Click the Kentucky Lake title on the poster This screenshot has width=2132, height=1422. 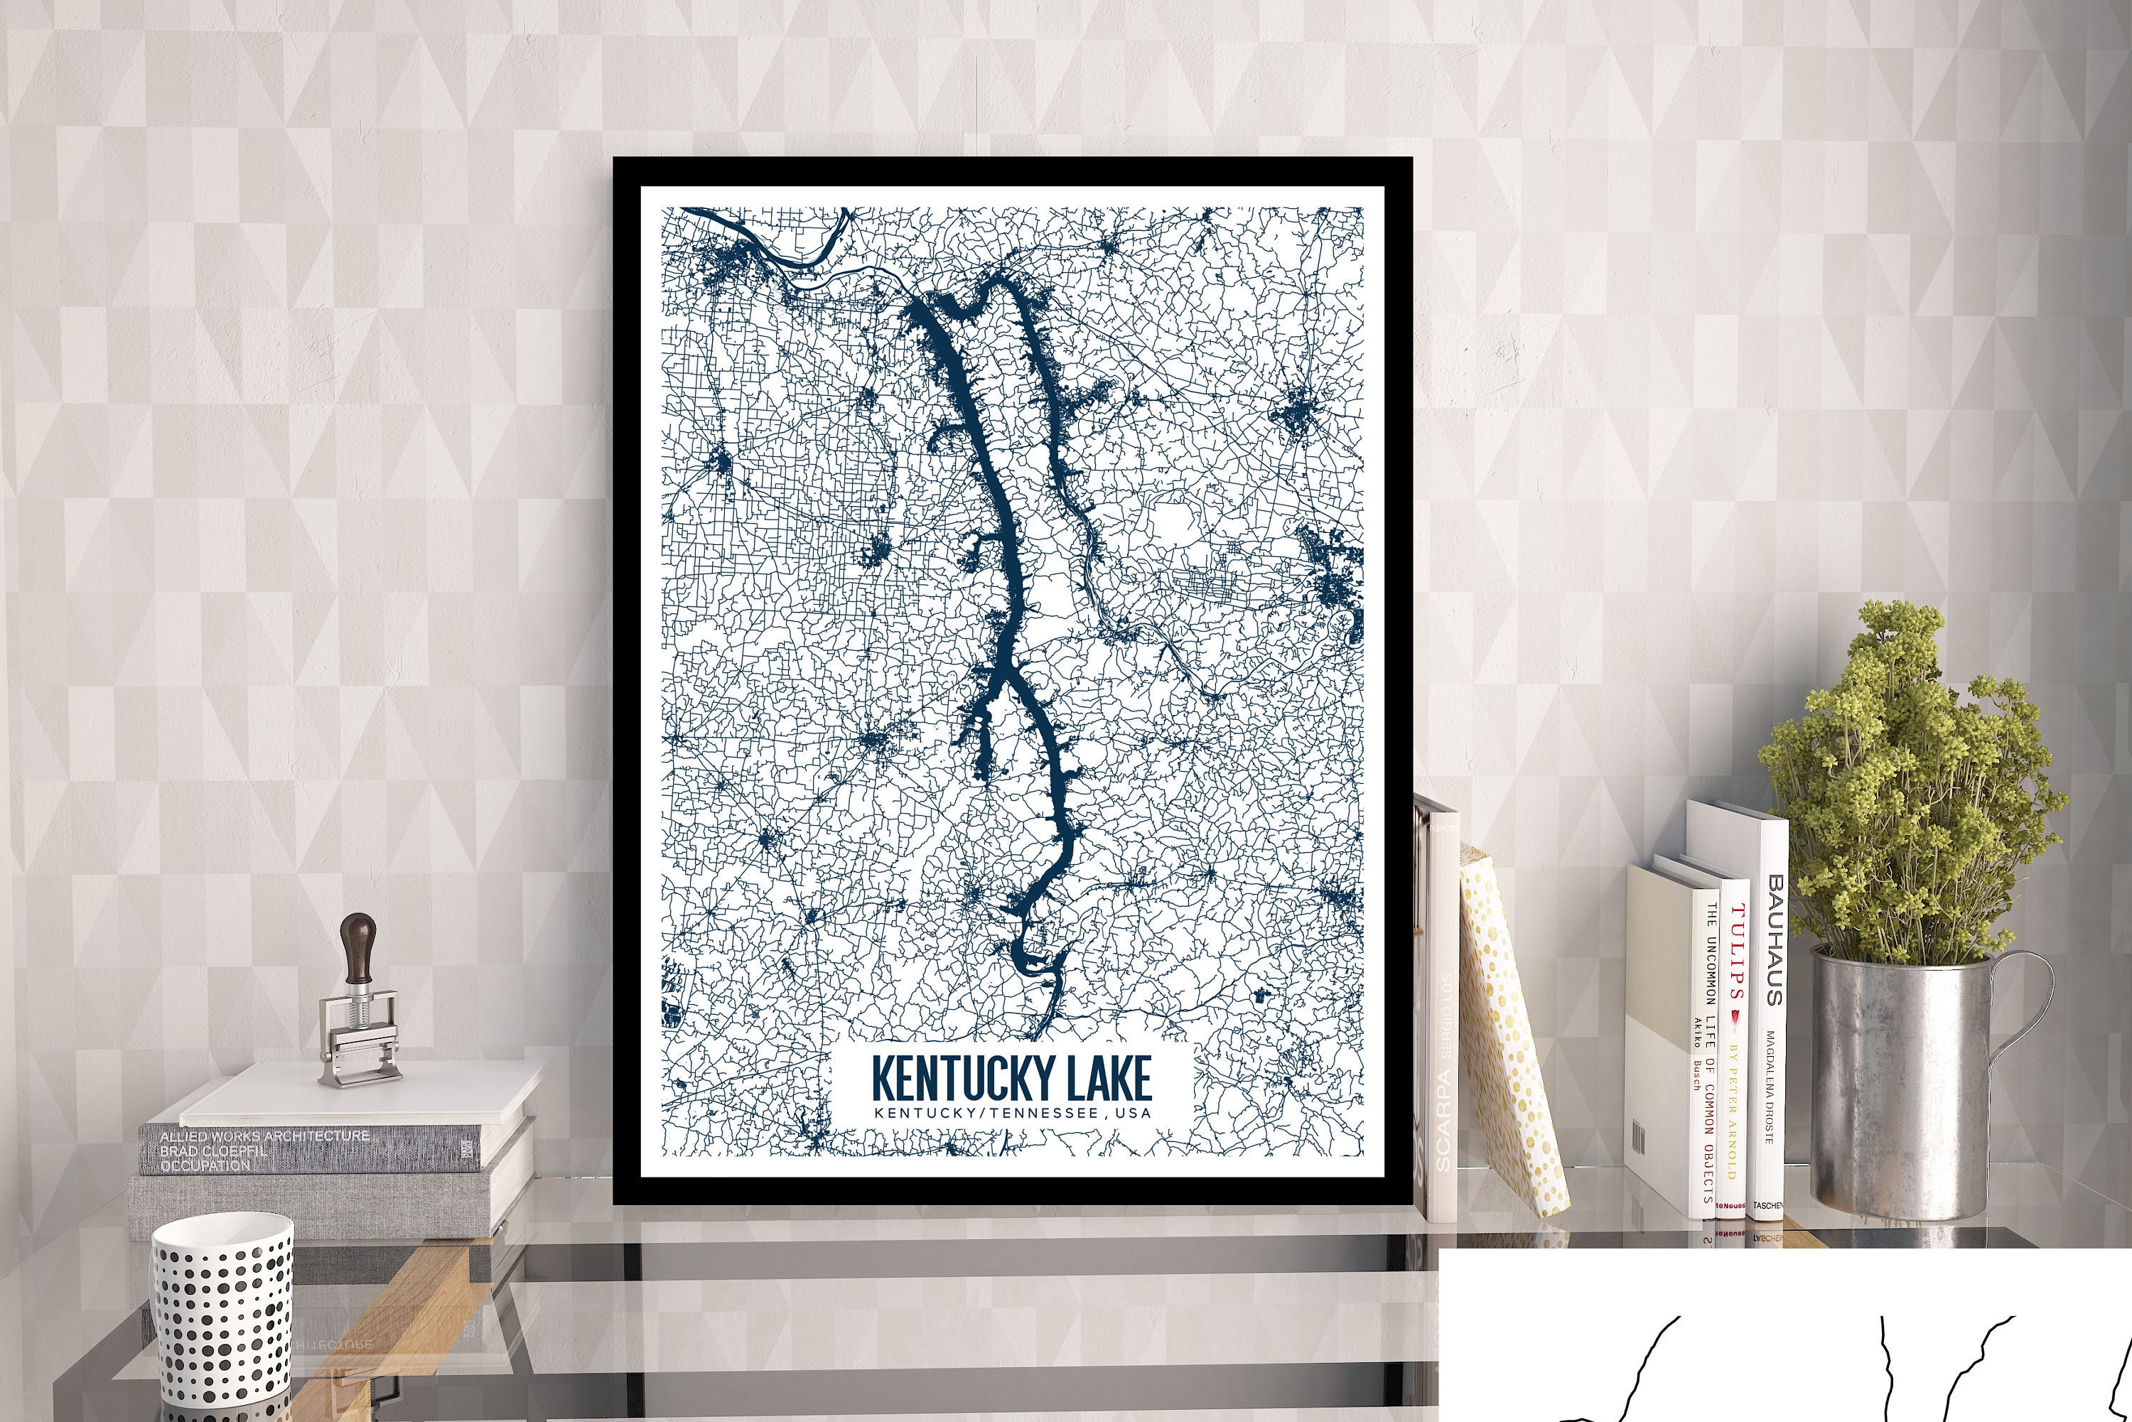click(x=1011, y=1077)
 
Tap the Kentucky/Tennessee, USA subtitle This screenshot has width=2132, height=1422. click(x=1011, y=1113)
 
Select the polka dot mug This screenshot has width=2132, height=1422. click(x=222, y=1315)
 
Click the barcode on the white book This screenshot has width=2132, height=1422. click(x=1640, y=1134)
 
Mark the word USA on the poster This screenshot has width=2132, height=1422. click(x=1136, y=1113)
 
